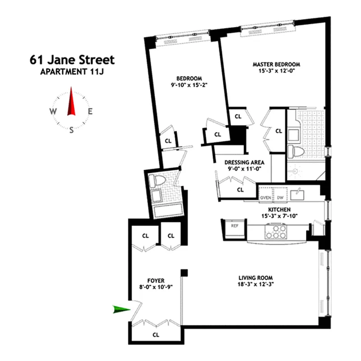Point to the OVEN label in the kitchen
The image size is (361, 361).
tap(265, 197)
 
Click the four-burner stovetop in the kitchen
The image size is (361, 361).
tap(276, 231)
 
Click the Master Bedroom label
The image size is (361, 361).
tap(276, 64)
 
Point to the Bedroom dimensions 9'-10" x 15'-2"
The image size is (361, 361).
tap(189, 84)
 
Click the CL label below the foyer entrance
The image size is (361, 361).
tap(156, 335)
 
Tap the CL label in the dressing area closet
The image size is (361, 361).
tap(240, 190)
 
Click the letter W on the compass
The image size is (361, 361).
tap(53, 111)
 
